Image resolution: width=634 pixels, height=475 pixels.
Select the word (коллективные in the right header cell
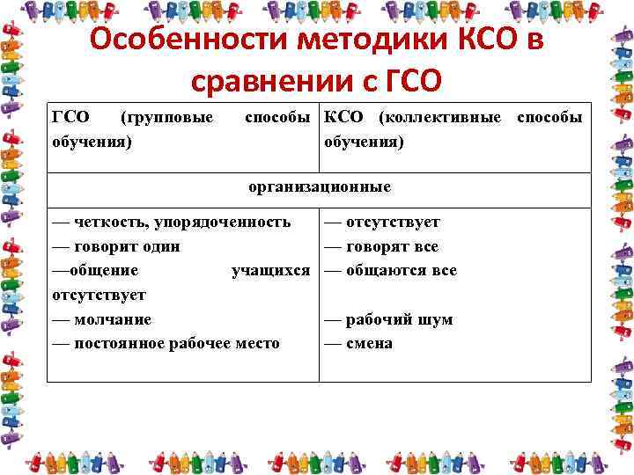tap(439, 117)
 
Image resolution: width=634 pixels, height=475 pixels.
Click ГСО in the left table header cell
tap(70, 117)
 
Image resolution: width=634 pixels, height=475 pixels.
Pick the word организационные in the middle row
tap(319, 187)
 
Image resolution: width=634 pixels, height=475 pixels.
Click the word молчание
tap(113, 319)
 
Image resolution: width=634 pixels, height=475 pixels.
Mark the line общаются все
tap(401, 270)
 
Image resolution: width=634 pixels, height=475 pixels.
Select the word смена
tap(369, 343)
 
